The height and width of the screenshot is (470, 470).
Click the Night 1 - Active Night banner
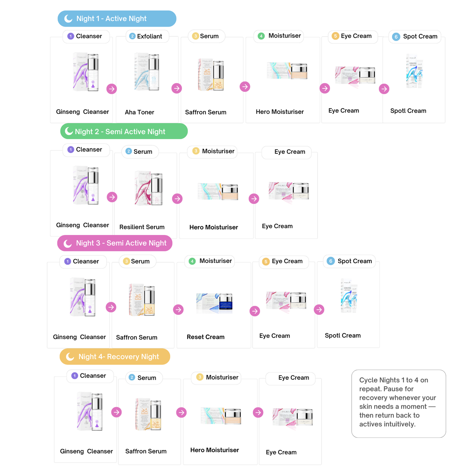[x=117, y=18]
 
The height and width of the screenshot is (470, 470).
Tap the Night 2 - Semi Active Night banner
[x=124, y=131]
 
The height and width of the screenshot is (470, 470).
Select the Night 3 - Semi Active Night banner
[x=115, y=243]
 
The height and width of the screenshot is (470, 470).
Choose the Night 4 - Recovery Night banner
[x=115, y=357]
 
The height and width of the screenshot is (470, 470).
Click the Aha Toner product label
[x=139, y=112]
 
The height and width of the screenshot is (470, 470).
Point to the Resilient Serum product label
[x=142, y=227]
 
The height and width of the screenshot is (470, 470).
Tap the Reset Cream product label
[x=206, y=337]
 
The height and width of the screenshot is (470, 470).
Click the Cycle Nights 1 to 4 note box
[x=398, y=403]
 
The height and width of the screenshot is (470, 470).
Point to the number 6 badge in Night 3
[x=331, y=261]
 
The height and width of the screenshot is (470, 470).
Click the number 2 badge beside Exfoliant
[x=132, y=36]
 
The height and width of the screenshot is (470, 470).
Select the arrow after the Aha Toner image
[x=177, y=88]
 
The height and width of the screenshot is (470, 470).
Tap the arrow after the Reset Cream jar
[x=255, y=311]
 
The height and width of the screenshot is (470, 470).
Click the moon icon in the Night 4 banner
[x=70, y=357]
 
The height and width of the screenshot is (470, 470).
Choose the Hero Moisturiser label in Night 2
[x=214, y=227]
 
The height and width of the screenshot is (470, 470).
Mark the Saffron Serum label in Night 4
[x=146, y=452]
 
